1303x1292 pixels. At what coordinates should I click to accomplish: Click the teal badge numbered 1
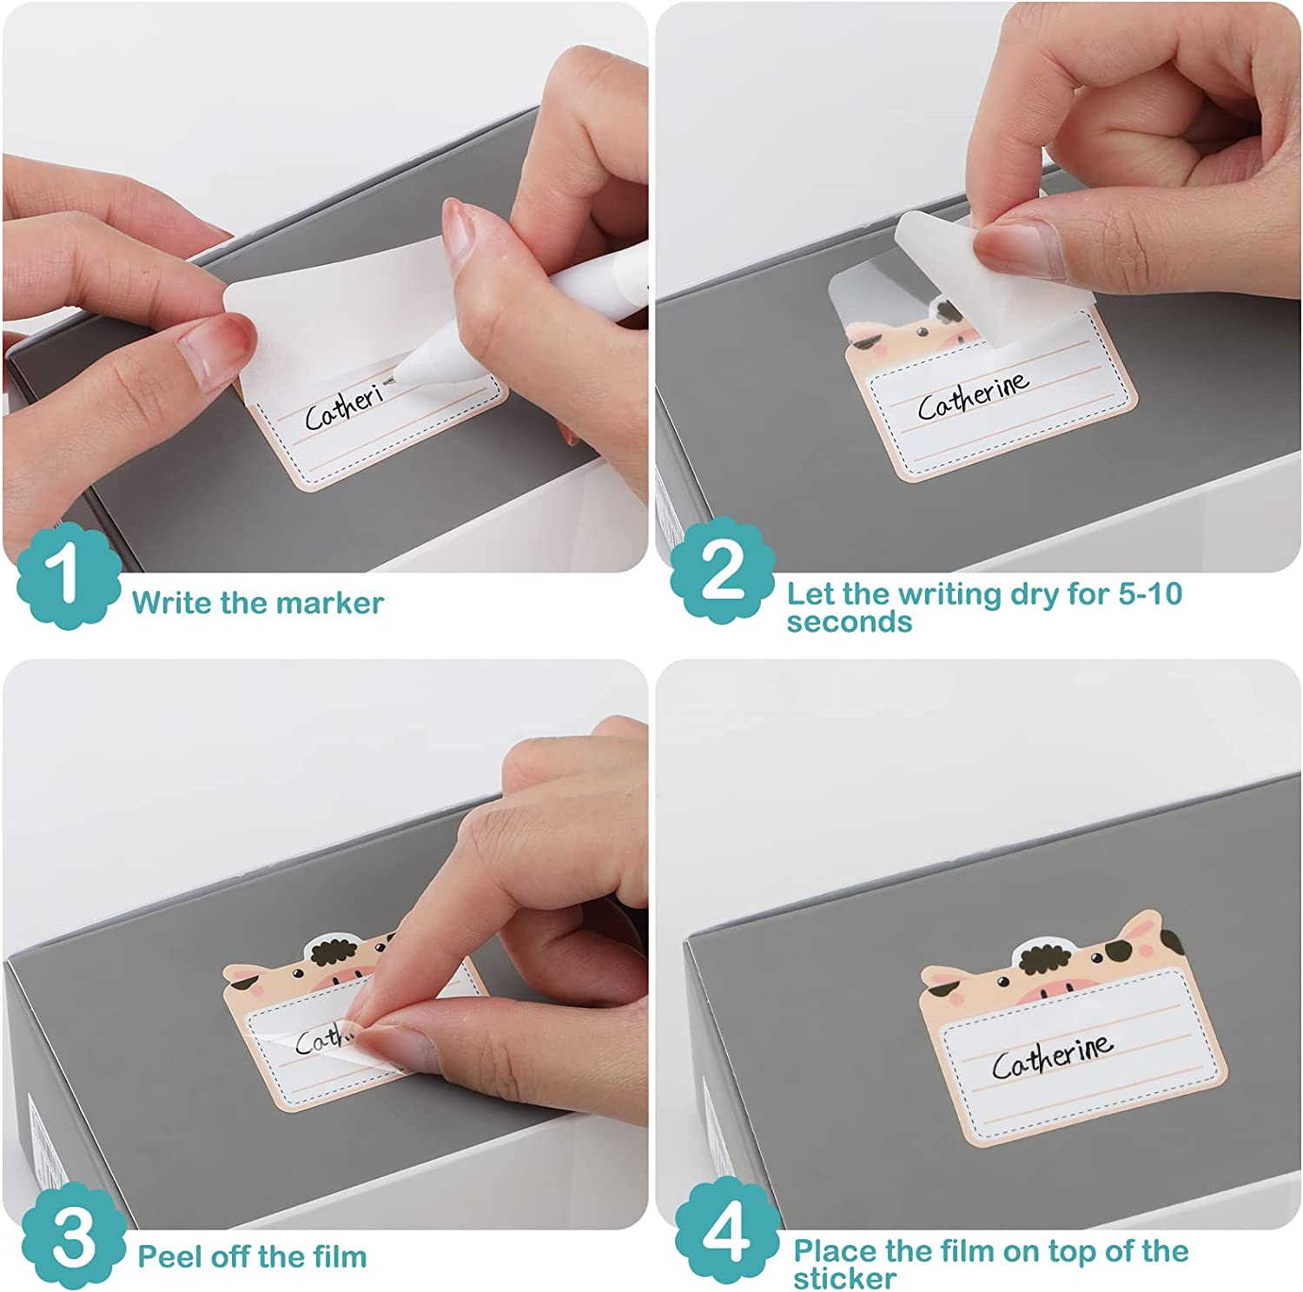pyautogui.click(x=68, y=577)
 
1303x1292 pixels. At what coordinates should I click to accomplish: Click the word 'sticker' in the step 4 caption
pyautogui.click(x=844, y=1278)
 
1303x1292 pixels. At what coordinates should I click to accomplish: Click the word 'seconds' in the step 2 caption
pyautogui.click(x=850, y=622)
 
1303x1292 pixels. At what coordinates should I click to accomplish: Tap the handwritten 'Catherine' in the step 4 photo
pyautogui.click(x=1052, y=1056)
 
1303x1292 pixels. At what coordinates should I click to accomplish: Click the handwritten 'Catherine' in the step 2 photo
pyautogui.click(x=974, y=395)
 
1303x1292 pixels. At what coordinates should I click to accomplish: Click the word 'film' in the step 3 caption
pyautogui.click(x=334, y=1256)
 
